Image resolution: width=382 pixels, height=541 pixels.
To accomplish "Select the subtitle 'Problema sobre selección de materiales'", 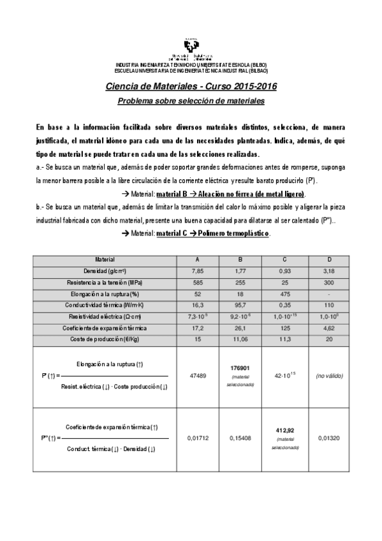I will click(191, 101).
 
